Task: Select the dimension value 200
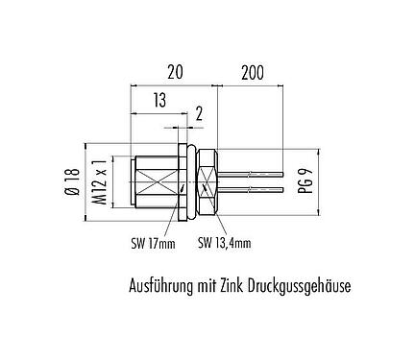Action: (251, 72)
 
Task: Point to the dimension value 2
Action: (198, 114)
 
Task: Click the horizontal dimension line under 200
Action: (251, 84)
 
